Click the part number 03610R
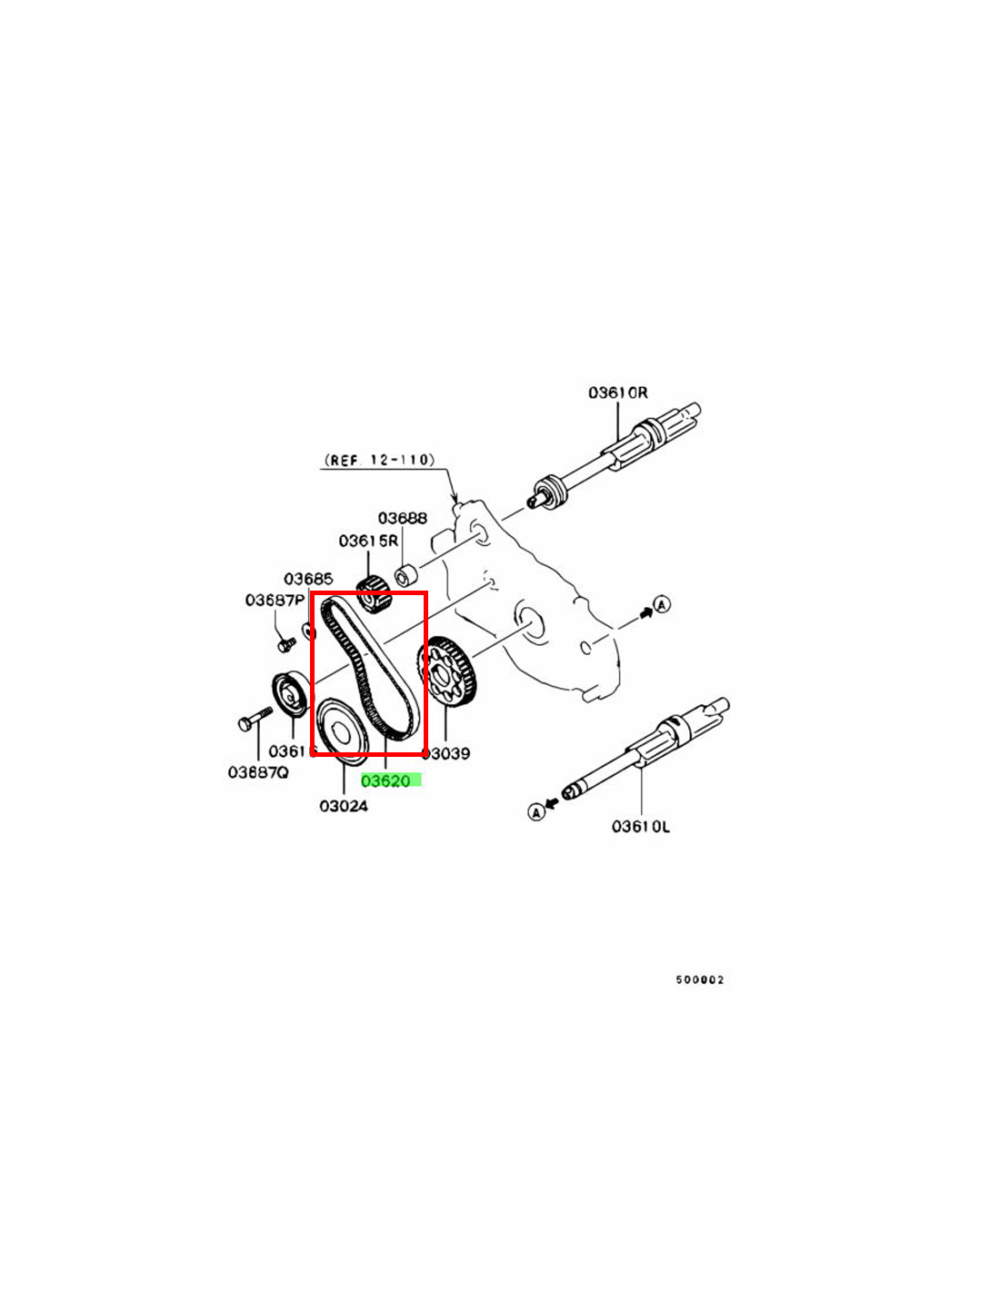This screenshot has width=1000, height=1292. [x=617, y=393]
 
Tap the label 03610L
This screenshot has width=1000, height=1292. [x=640, y=826]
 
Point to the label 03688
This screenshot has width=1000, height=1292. [x=402, y=518]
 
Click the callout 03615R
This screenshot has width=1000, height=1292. [x=368, y=541]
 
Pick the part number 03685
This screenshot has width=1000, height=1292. [x=308, y=579]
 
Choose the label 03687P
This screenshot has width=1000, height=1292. [x=275, y=601]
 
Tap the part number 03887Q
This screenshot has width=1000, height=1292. [x=257, y=772]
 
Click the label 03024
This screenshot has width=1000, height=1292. [x=343, y=806]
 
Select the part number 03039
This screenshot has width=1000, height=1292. [x=446, y=753]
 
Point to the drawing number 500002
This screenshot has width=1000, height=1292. [x=699, y=979]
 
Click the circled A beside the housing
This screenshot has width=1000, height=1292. [x=663, y=603]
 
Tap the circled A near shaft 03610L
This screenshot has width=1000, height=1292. [x=536, y=811]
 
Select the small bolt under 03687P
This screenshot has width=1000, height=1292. [x=285, y=643]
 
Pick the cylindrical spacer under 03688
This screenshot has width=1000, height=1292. [x=405, y=576]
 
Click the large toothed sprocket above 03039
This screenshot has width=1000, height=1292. [x=450, y=673]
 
